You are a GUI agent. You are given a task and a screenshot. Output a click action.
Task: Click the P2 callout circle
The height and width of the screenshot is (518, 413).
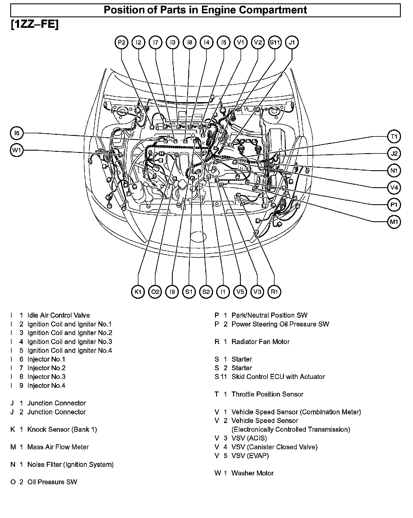tap(121, 43)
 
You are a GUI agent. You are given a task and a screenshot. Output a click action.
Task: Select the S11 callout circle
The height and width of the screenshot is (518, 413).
tap(275, 43)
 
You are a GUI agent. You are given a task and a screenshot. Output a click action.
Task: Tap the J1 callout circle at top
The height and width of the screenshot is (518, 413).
tap(292, 43)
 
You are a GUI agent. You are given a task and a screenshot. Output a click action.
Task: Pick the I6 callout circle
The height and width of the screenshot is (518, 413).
tap(17, 133)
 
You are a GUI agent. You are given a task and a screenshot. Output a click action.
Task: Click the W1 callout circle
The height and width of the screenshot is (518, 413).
tap(17, 150)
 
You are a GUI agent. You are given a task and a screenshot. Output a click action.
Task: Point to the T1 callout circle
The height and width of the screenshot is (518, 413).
tap(394, 137)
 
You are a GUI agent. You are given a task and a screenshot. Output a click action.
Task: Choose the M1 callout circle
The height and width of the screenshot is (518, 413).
tap(394, 222)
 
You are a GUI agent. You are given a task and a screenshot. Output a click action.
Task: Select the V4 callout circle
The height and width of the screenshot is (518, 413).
tap(394, 188)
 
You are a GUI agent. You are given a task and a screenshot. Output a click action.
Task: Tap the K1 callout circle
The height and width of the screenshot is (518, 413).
tap(138, 292)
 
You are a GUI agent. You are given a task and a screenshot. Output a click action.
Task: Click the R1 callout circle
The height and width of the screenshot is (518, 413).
tap(274, 292)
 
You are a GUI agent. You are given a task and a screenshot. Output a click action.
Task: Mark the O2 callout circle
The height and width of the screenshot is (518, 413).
tap(155, 292)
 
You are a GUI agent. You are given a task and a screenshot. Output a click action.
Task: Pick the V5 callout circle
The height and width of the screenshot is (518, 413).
tap(240, 292)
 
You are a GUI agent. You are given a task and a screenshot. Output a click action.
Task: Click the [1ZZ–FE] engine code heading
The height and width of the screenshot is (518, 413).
tap(35, 25)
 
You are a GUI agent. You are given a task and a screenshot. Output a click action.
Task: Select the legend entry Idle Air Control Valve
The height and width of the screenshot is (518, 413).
tap(58, 315)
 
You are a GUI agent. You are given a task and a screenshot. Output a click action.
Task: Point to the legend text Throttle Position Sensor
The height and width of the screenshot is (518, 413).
tap(267, 394)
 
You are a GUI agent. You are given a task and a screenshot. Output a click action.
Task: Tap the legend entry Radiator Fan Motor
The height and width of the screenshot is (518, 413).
tap(260, 342)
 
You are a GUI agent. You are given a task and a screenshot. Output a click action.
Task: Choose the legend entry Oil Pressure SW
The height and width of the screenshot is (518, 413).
tap(52, 482)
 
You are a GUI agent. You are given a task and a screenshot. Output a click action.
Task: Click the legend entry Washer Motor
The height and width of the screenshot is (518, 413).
tap(252, 473)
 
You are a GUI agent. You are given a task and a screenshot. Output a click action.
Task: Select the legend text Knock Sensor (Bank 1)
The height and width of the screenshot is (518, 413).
tap(62, 429)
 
